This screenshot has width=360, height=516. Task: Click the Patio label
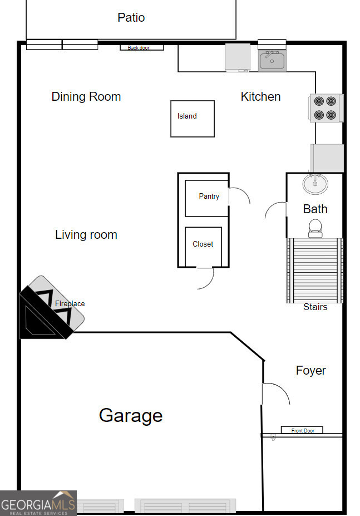[131, 17]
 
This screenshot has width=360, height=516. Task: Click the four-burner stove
[326, 108]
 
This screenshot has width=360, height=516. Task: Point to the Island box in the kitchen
[192, 118]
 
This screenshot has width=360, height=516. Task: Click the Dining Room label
[86, 96]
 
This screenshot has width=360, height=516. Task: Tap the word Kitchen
[260, 96]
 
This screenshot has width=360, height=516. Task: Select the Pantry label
[209, 196]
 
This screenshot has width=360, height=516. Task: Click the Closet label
[203, 244]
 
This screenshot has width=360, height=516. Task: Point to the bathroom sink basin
[315, 183]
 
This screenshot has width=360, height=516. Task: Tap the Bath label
[315, 209]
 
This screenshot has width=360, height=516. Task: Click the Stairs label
[315, 307]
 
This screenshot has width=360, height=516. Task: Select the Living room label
[86, 235]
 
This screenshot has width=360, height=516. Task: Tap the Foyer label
[310, 370]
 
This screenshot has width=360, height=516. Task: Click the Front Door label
[302, 430]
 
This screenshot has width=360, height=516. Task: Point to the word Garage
[131, 415]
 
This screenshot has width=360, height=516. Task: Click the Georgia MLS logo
[38, 503]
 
